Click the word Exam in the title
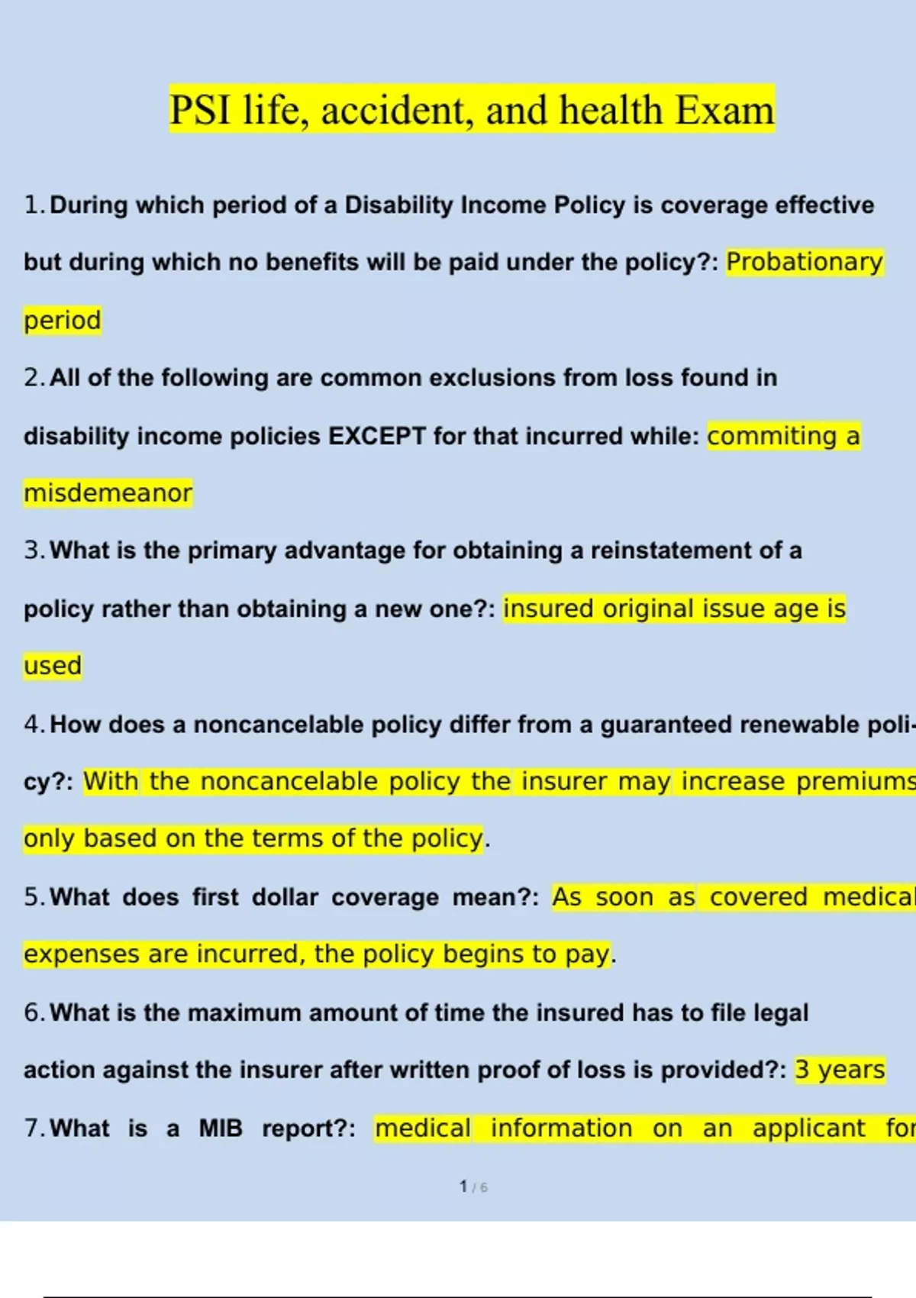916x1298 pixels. [x=724, y=110]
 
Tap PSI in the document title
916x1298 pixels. [x=199, y=110]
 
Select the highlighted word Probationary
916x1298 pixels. [x=804, y=262]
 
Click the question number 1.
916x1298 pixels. [x=33, y=205]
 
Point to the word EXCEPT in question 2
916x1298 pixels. [x=376, y=436]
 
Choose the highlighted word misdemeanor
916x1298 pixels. [x=108, y=493]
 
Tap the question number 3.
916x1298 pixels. [x=33, y=551]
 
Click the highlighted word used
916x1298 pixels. [x=52, y=666]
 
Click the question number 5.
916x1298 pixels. [x=33, y=897]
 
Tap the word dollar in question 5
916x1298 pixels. [x=285, y=897]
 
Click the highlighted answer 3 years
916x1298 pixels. [x=840, y=1070]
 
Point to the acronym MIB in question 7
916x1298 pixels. [x=221, y=1128]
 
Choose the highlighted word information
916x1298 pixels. [x=561, y=1128]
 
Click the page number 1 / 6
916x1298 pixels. [x=473, y=1187]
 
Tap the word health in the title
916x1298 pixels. [x=610, y=110]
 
